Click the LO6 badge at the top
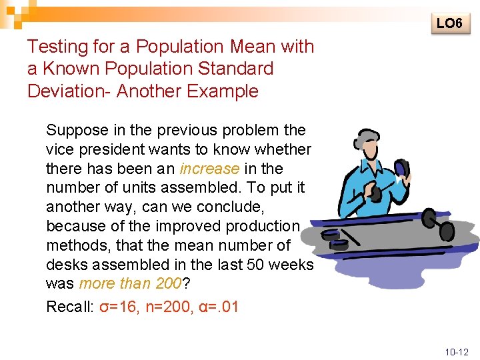[449, 23]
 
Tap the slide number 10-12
[456, 351]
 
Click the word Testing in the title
[57, 47]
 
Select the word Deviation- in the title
[69, 91]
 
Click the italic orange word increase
[209, 169]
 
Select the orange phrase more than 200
[130, 283]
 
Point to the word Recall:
[69, 307]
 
